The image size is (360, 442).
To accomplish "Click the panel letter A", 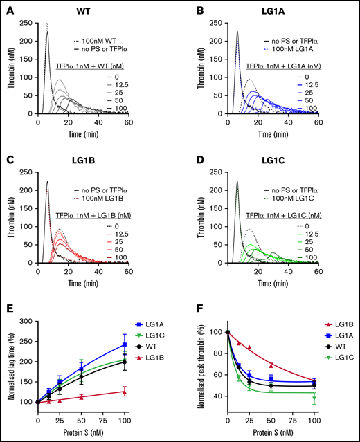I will [6, 8].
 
